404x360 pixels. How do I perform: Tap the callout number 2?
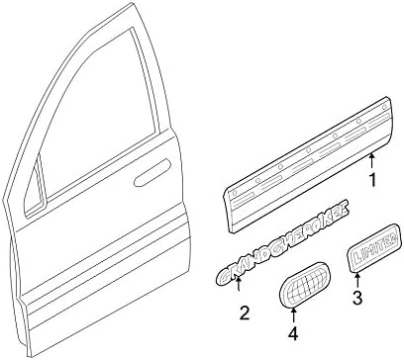coord(243,315)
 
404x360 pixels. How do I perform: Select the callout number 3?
coord(358,322)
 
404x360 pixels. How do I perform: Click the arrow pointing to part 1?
coord(372,161)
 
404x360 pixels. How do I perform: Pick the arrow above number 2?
coord(238,290)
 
